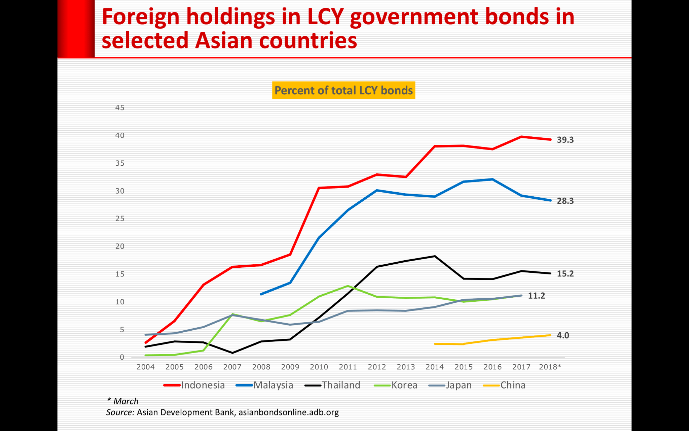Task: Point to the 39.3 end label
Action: pyautogui.click(x=565, y=140)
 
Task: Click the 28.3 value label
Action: pyautogui.click(x=565, y=201)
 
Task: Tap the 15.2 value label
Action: pyautogui.click(x=565, y=274)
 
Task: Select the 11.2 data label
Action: pyautogui.click(x=536, y=296)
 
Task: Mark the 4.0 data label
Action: pyautogui.click(x=563, y=335)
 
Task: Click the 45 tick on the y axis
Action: pyautogui.click(x=120, y=108)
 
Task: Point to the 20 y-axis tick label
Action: pyautogui.click(x=120, y=246)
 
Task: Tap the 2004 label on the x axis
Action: pyautogui.click(x=145, y=367)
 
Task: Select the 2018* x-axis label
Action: pyautogui.click(x=550, y=367)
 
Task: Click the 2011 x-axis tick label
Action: pyautogui.click(x=348, y=367)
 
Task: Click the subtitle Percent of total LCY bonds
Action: pyautogui.click(x=343, y=90)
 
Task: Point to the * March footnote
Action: pyautogui.click(x=122, y=401)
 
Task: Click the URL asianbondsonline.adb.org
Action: pyautogui.click(x=288, y=412)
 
